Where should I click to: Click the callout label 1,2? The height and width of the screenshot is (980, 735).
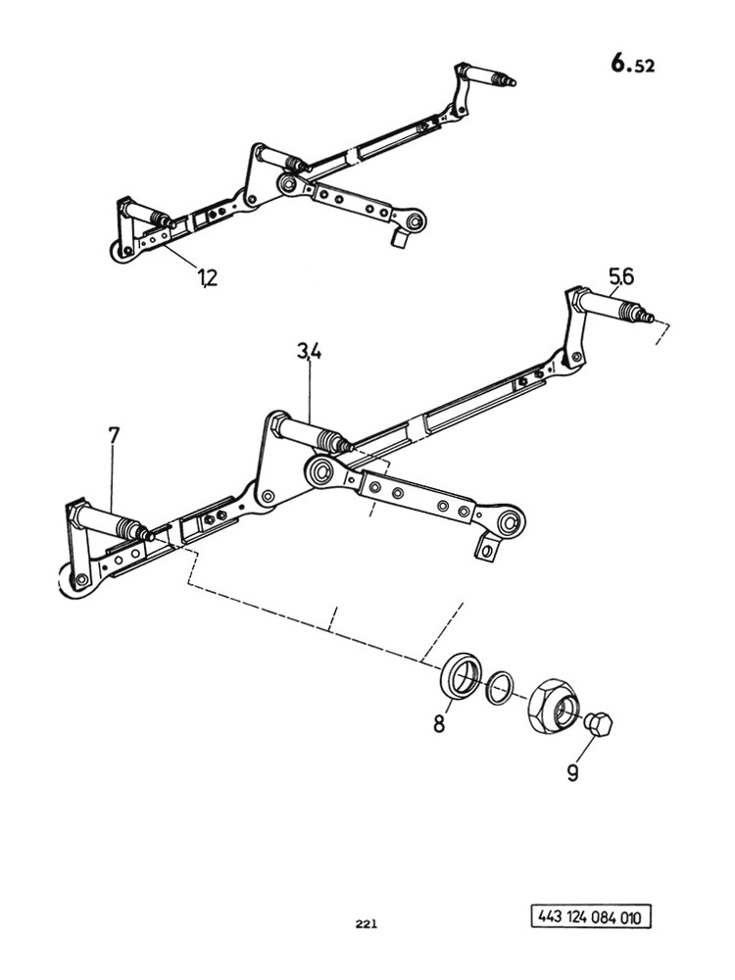coord(208,277)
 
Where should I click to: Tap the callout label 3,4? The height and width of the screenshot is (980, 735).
coord(310,353)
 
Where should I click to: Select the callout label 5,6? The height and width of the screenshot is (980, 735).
coord(621,275)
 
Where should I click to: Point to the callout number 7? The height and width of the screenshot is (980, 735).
coord(113,436)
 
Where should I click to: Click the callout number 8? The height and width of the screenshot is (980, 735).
coord(439,724)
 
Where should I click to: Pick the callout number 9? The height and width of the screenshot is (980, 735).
coord(572,773)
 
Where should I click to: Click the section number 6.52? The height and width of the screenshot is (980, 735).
coord(632,64)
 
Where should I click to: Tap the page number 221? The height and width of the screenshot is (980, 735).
coord(367,924)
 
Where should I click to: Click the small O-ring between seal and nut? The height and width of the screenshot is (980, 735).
coord(499,688)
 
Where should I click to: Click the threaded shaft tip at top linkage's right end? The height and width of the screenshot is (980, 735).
coord(504,79)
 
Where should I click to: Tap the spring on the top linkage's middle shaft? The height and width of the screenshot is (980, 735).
coord(293,163)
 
